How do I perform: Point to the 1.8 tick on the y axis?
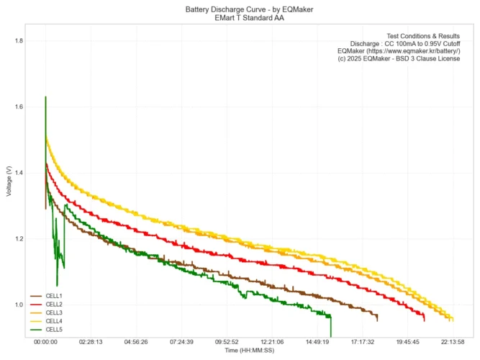coord(19,41)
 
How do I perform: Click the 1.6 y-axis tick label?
coord(19,107)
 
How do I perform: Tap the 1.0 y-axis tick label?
coord(19,305)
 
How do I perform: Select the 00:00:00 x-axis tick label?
coord(45,343)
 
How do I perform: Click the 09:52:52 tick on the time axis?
coord(227,343)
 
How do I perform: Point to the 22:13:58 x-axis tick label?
coord(453,343)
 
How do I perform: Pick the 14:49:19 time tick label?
coord(317,343)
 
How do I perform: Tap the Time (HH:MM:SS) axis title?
coord(250,351)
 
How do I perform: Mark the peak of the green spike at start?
coord(46,97)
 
